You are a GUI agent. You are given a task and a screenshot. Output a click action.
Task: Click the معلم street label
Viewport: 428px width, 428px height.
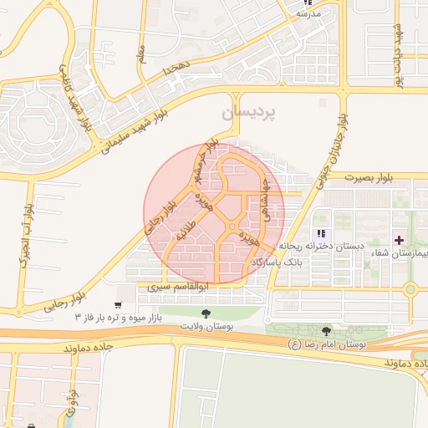pos(143,54)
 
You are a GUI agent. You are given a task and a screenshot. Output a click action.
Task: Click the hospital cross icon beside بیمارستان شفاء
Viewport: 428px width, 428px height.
pos(399,240)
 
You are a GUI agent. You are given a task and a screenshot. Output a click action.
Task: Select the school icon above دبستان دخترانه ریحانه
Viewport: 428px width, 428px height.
pos(320,233)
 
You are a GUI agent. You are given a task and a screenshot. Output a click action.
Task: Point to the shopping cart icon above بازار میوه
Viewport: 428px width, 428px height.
pos(120,305)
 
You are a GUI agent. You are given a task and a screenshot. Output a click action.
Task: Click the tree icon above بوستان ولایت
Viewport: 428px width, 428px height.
pos(206,312)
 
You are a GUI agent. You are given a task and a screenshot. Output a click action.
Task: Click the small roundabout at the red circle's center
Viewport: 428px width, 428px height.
pos(232,227)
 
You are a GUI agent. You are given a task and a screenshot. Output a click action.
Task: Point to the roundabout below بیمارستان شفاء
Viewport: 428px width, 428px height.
pos(410,290)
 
